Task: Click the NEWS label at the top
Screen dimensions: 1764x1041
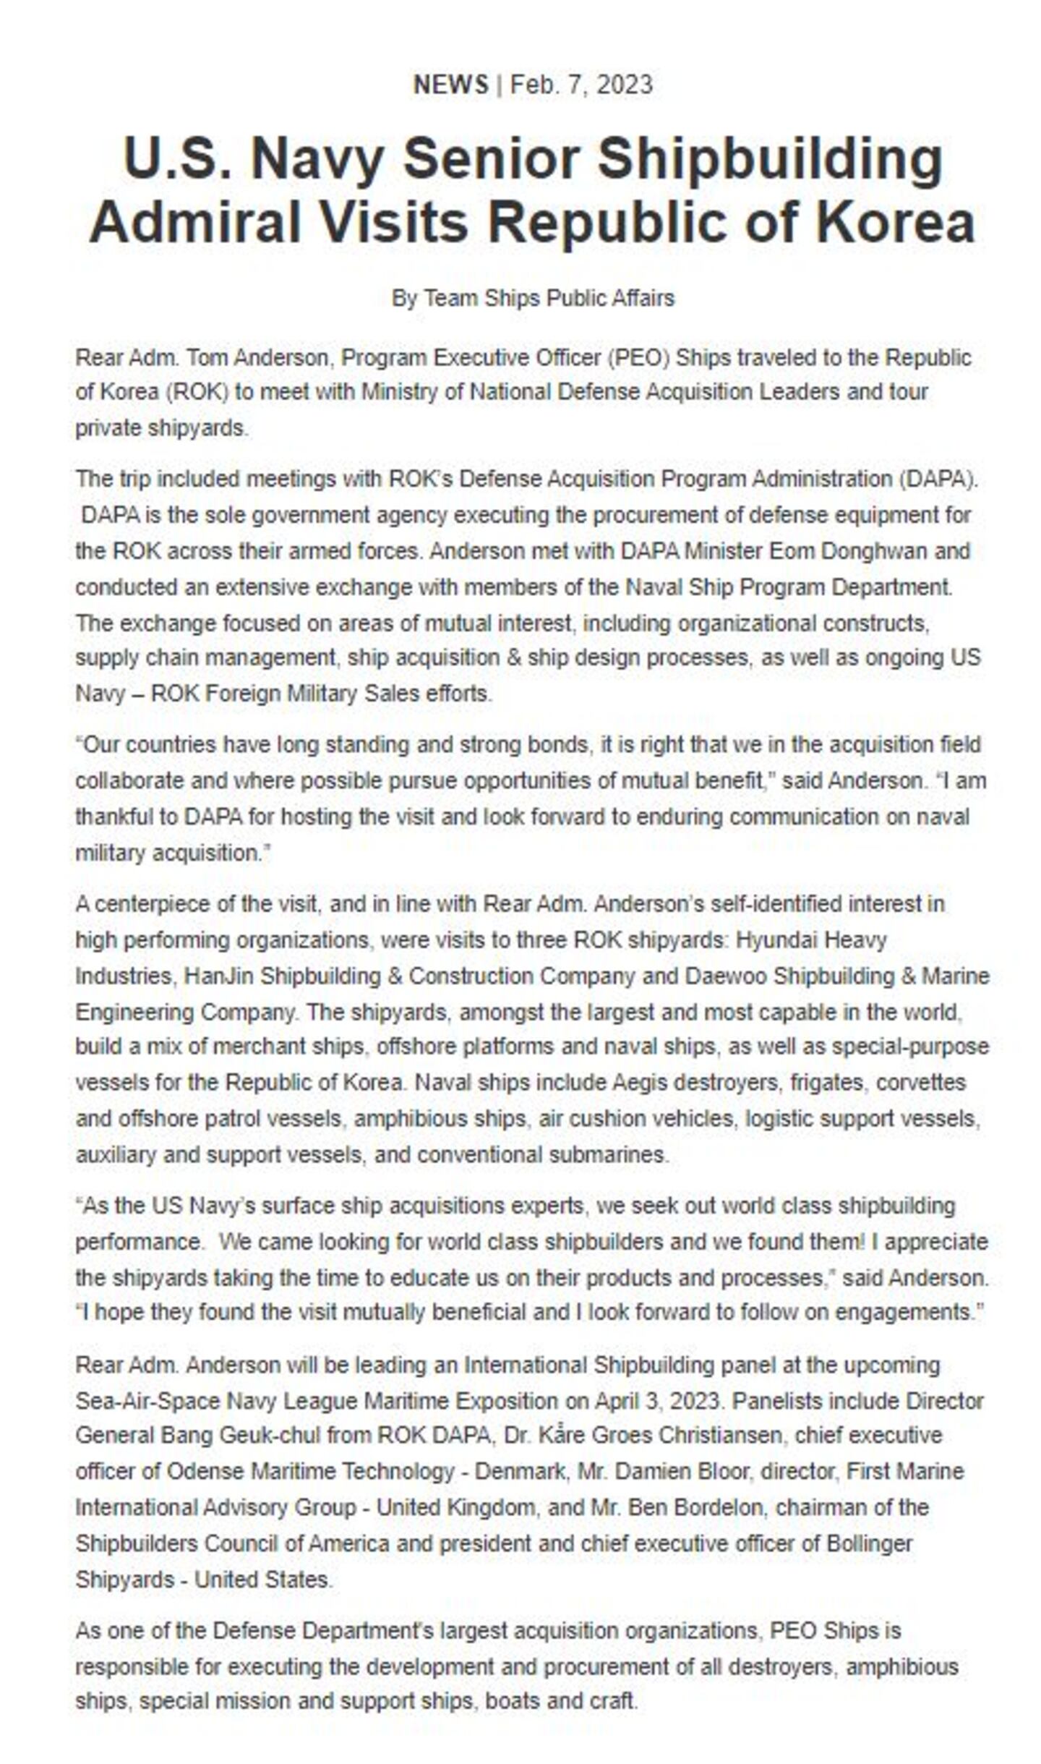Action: (x=450, y=85)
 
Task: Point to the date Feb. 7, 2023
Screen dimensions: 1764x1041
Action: (x=581, y=85)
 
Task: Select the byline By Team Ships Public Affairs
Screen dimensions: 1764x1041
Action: (x=533, y=298)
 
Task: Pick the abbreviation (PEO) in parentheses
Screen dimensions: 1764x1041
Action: (x=637, y=357)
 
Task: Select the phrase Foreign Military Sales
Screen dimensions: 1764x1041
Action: (x=312, y=694)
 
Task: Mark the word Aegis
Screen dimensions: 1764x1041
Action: (x=639, y=1083)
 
